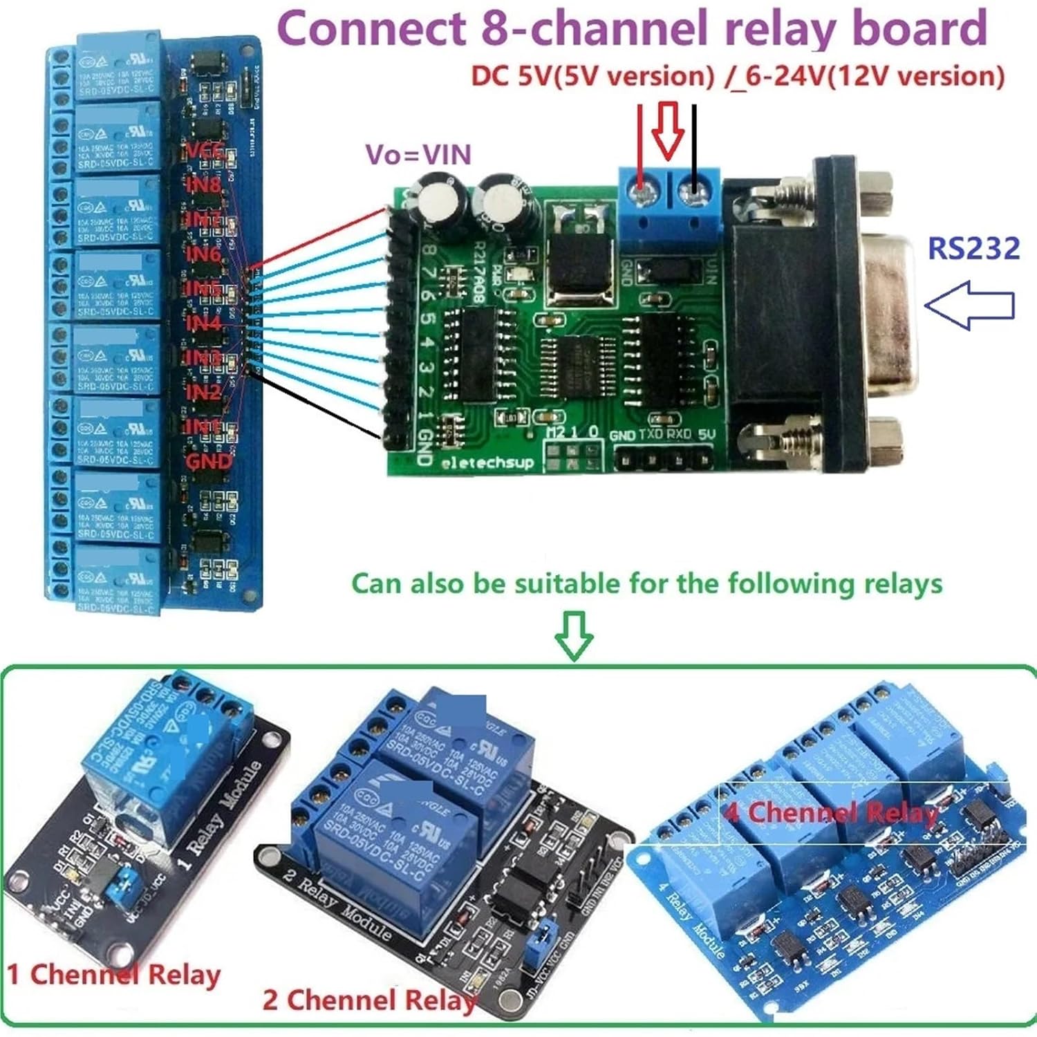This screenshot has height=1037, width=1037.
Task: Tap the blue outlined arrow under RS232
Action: pyautogui.click(x=969, y=304)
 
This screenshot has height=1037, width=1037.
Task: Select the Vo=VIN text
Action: pyautogui.click(x=418, y=154)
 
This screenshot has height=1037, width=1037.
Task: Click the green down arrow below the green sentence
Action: pyautogui.click(x=574, y=635)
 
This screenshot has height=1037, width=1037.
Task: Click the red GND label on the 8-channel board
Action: pyautogui.click(x=209, y=461)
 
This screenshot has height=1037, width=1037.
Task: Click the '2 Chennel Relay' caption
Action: pyautogui.click(x=370, y=1000)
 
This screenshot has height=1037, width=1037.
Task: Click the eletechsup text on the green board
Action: pyautogui.click(x=488, y=463)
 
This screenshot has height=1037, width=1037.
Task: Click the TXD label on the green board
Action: pyautogui.click(x=650, y=435)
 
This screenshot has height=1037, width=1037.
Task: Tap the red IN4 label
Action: pyautogui.click(x=203, y=324)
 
